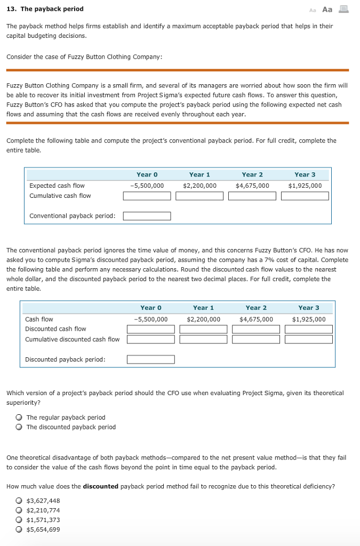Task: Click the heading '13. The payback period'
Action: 45,9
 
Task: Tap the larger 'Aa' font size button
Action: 327,10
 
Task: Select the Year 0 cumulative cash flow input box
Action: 147,196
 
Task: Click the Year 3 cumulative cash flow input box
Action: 305,196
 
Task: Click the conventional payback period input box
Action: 147,216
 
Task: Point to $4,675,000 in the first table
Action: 252,186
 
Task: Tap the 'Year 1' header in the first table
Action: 199,174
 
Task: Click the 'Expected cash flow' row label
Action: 57,186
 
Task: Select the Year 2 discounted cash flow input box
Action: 256,329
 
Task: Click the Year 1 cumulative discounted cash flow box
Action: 203,340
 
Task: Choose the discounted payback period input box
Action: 150,359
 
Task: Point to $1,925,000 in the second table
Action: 309,319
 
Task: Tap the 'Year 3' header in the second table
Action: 309,308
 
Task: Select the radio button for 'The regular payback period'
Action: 19,417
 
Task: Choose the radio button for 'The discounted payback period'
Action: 19,427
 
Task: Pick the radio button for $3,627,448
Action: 19,501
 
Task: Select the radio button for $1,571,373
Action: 19,520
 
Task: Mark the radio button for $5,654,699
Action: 19,529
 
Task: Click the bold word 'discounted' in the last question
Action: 101,486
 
